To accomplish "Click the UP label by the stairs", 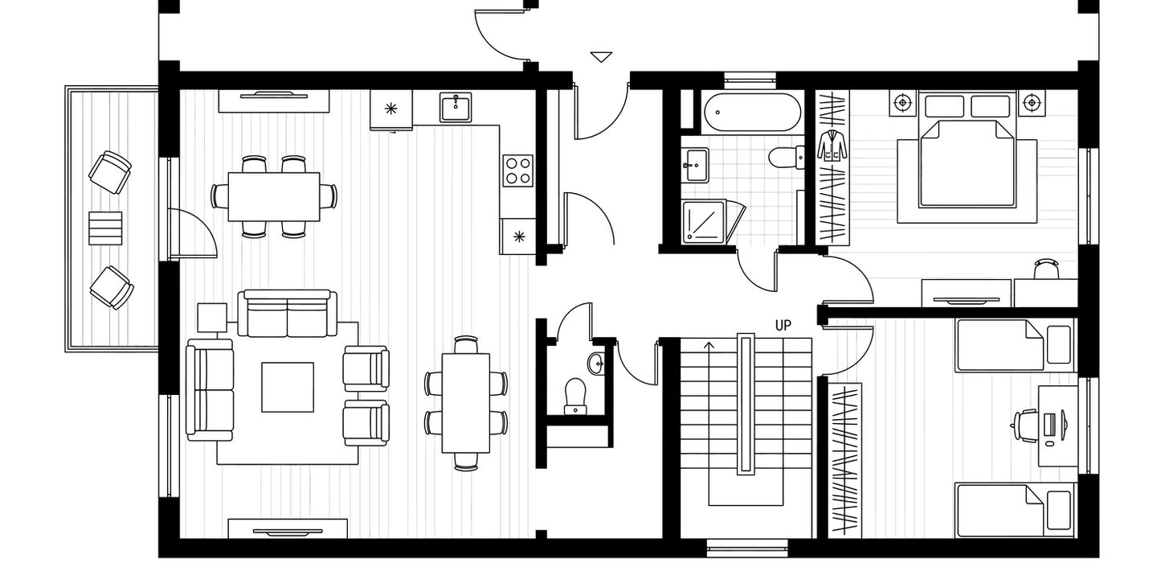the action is pos(783,326).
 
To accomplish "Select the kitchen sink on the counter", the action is pos(456,107).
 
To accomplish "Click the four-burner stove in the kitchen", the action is pos(518,171).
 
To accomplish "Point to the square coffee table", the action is pos(288,387).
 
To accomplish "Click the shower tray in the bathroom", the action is pos(704,221).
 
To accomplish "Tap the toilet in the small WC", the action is pos(574,397).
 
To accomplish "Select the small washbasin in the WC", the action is pos(597,363).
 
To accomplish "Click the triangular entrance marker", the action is pos(601,57).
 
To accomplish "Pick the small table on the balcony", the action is pos(105,228).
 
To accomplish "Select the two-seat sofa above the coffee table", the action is pos(287,313).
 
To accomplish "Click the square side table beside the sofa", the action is pos(212,318).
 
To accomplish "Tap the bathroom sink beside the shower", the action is pos(695,165).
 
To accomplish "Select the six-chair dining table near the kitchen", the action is pos(274,197).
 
